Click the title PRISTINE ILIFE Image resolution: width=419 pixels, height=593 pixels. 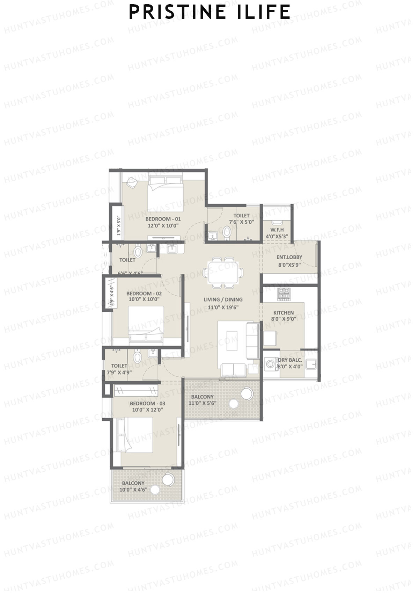(209, 12)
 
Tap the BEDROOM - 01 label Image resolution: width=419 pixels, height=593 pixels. (163, 219)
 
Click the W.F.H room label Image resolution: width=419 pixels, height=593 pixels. (277, 230)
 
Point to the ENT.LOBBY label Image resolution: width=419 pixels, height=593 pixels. (289, 257)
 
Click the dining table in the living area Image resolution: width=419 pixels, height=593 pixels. (224, 273)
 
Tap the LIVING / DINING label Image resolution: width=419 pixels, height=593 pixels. (223, 299)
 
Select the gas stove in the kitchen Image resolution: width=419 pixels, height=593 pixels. (283, 294)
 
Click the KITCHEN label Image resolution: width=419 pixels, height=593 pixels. (283, 313)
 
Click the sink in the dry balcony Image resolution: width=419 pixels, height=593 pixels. (311, 364)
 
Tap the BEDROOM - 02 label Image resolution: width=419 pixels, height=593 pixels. (144, 294)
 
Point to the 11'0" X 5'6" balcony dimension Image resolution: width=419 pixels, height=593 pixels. (203, 403)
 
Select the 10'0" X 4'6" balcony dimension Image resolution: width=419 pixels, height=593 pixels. (133, 490)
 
